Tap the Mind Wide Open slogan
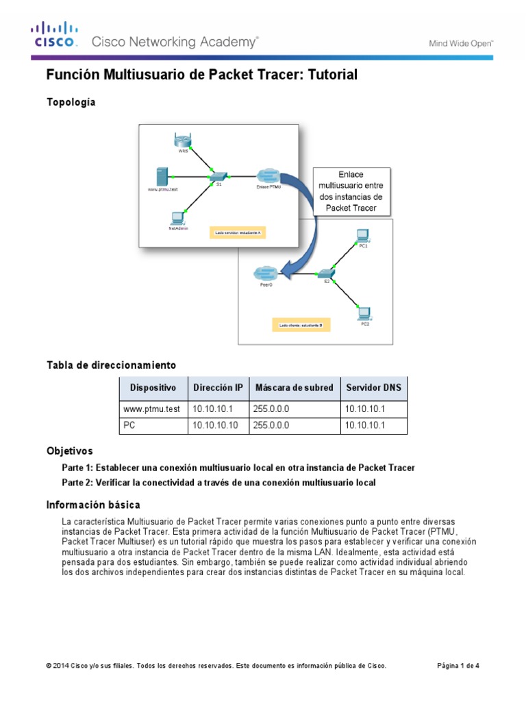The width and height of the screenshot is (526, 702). coord(461,43)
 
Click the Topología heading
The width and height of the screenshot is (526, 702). coord(71,102)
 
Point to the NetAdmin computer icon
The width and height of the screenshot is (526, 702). coord(177,219)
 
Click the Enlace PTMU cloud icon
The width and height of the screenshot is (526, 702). coord(267,175)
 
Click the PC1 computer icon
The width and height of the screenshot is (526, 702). coord(364,235)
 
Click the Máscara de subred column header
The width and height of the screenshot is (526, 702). coord(294,388)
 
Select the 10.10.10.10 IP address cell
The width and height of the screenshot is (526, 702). coord(216,425)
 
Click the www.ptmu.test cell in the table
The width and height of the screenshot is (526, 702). coord(151,409)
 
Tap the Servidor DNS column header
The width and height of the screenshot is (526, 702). coord(374,388)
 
